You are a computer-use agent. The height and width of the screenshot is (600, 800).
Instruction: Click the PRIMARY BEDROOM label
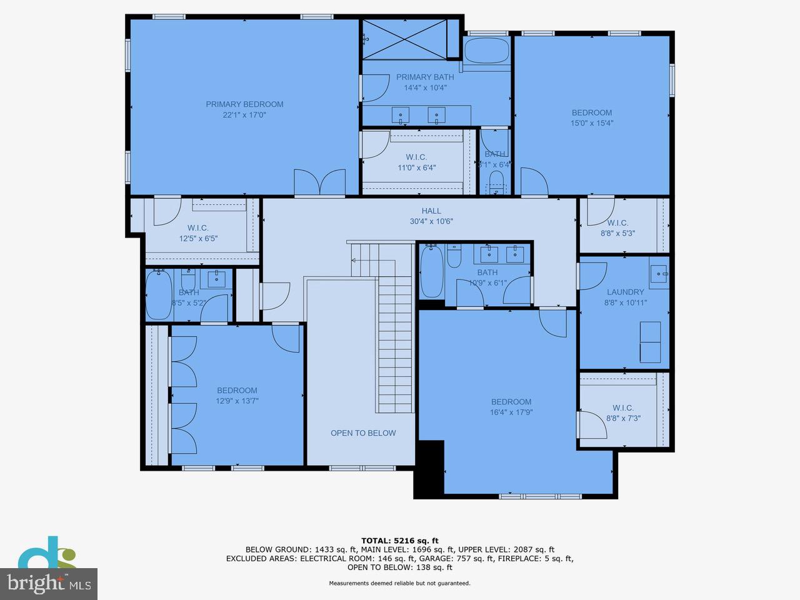pos(244,104)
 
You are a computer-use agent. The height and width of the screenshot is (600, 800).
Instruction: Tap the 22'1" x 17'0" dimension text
pos(244,115)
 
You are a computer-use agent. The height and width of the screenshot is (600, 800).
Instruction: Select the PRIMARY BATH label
pos(425,77)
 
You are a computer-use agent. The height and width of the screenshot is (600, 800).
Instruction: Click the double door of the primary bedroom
pos(319,182)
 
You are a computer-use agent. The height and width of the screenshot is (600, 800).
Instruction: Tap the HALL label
pos(431,211)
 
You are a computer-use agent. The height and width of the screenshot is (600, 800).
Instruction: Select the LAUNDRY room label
pos(625,292)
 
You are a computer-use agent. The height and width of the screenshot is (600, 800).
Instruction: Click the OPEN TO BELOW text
pos(363,433)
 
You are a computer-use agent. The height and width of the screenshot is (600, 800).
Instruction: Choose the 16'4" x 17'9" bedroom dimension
pos(511,412)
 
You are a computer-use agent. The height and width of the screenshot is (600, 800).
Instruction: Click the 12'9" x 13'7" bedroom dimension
pos(237,401)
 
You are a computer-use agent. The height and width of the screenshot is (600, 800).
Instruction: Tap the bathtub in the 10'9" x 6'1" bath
pos(431,272)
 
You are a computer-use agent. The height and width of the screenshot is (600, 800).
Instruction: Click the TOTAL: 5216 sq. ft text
pos(400,541)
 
